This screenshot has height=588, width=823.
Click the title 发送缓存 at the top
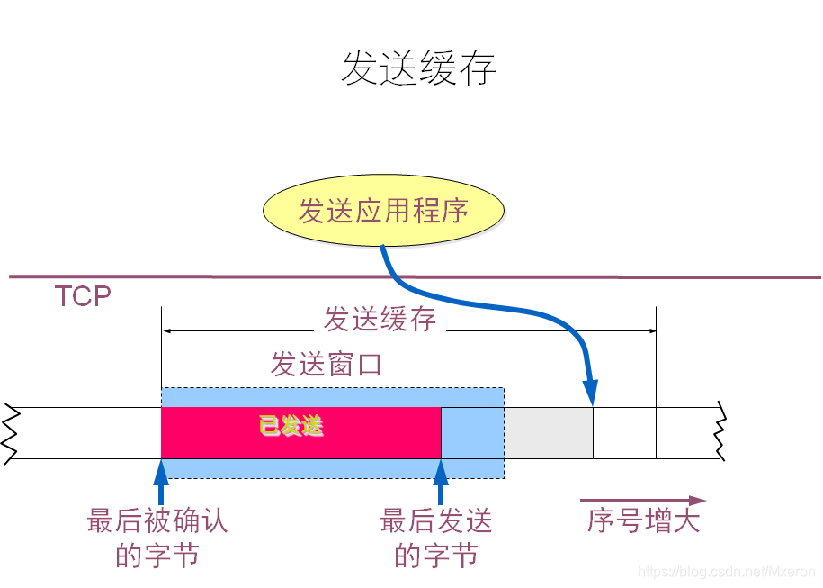click(x=418, y=68)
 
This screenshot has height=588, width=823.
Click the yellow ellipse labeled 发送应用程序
click(x=383, y=212)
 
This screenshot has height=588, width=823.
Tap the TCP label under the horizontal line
click(x=83, y=296)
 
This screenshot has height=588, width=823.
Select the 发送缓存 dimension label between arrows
click(x=380, y=319)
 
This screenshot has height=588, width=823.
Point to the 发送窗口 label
click(x=327, y=365)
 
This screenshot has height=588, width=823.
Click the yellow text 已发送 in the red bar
click(x=291, y=427)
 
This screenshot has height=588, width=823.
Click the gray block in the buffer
click(x=548, y=433)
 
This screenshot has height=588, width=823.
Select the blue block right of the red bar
click(x=471, y=433)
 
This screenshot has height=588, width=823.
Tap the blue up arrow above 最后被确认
click(x=162, y=483)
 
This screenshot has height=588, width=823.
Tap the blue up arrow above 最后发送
click(x=441, y=483)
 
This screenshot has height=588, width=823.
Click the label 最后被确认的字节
click(x=157, y=538)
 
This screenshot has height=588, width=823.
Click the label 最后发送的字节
click(x=436, y=538)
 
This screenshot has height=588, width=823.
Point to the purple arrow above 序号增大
click(x=642, y=501)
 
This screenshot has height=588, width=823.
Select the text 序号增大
click(x=643, y=520)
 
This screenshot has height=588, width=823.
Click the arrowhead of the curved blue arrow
click(x=590, y=394)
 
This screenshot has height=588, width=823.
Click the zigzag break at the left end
click(x=10, y=433)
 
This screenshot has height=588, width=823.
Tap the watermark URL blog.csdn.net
click(x=726, y=572)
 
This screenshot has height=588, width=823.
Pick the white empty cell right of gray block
click(x=624, y=433)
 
